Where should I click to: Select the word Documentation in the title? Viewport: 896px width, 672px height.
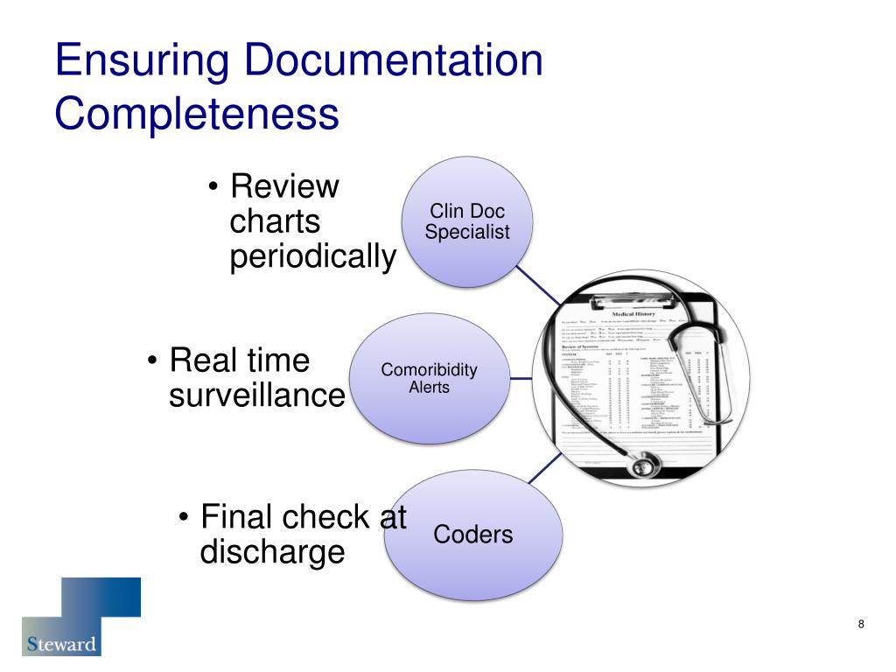[x=394, y=62]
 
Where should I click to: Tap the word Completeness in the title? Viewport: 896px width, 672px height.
[x=196, y=115]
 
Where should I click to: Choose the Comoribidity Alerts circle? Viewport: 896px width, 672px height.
[x=429, y=377]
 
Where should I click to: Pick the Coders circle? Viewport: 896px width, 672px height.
[x=472, y=535]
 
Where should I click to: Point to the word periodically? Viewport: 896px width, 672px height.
[x=312, y=257]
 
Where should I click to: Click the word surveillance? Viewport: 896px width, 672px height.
[x=256, y=396]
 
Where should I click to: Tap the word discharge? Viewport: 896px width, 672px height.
[x=272, y=553]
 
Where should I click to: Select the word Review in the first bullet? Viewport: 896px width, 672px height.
[x=283, y=186]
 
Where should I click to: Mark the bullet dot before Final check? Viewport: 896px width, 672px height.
[x=184, y=519]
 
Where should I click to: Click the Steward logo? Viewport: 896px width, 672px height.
[x=80, y=617]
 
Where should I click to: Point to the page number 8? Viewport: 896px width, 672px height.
[x=861, y=624]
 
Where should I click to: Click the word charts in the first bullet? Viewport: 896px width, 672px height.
[x=275, y=222]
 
